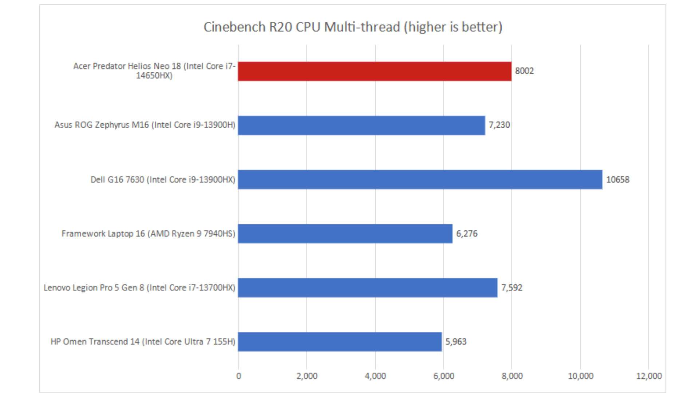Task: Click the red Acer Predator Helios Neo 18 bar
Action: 375,71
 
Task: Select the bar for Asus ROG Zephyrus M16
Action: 362,126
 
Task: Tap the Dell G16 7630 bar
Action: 420,179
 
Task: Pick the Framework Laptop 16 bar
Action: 345,234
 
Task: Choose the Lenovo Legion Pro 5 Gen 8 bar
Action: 368,288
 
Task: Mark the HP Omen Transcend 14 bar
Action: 340,342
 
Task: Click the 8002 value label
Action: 524,71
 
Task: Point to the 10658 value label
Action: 617,179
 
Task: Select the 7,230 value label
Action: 499,125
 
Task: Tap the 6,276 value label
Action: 467,234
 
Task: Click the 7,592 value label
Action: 512,288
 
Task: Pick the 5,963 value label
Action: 456,342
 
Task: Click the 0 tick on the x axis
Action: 238,376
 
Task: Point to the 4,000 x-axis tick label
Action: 375,376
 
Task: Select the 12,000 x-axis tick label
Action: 649,376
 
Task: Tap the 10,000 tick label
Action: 580,376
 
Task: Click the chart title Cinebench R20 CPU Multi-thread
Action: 353,27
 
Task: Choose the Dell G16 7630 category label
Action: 163,180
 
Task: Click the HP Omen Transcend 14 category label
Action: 143,342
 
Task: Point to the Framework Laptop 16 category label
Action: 148,234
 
